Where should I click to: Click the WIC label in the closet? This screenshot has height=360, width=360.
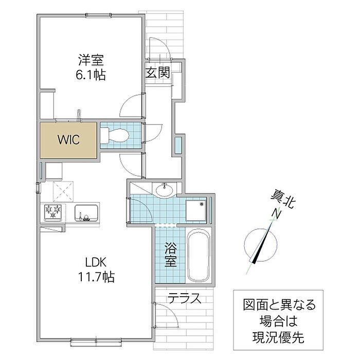pyautogui.click(x=68, y=139)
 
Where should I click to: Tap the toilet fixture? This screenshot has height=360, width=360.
pyautogui.click(x=115, y=135)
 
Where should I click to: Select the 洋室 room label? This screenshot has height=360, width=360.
pyautogui.click(x=91, y=60)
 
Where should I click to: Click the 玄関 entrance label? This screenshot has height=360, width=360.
pyautogui.click(x=158, y=72)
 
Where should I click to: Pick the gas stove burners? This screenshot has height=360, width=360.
pyautogui.click(x=53, y=212)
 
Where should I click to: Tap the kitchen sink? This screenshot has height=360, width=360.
pyautogui.click(x=86, y=213)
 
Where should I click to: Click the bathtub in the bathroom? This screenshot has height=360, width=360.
pyautogui.click(x=199, y=255)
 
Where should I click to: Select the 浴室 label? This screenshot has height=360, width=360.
pyautogui.click(x=171, y=255)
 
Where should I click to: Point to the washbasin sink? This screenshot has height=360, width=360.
pyautogui.click(x=165, y=190)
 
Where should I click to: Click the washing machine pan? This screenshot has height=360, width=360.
pyautogui.click(x=196, y=210)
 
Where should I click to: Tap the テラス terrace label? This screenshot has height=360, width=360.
pyautogui.click(x=184, y=298)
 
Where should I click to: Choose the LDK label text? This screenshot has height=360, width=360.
pyautogui.click(x=96, y=262)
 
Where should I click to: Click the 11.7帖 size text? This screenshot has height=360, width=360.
pyautogui.click(x=96, y=277)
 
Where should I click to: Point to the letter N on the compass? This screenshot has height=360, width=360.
pyautogui.click(x=277, y=214)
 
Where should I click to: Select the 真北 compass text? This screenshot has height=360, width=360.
pyautogui.click(x=283, y=200)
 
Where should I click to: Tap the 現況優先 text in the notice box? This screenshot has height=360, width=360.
pyautogui.click(x=278, y=337)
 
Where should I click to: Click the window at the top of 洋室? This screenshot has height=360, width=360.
pyautogui.click(x=99, y=15)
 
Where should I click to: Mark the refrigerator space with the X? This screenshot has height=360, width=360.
pyautogui.click(x=63, y=191)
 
